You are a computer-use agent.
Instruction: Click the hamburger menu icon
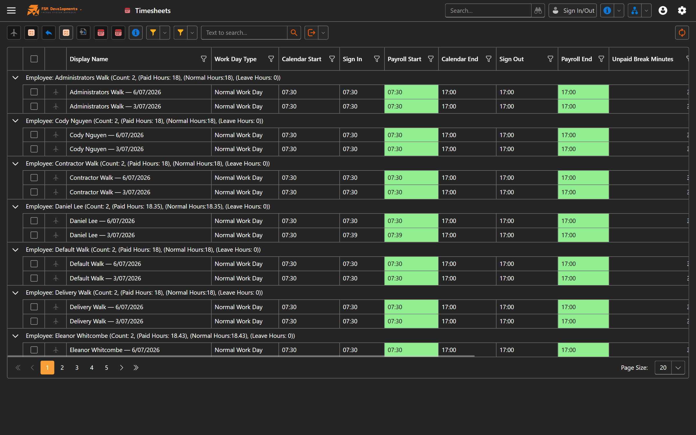pyautogui.click(x=11, y=11)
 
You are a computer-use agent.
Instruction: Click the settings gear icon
pyautogui.click(x=682, y=11)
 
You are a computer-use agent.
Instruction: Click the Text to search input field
pyautogui.click(x=244, y=33)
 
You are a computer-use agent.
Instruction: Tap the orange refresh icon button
pyautogui.click(x=682, y=33)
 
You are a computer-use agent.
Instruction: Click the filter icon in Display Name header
pyautogui.click(x=204, y=59)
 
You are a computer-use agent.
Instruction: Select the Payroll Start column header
pyautogui.click(x=404, y=59)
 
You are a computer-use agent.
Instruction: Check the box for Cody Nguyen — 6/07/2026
pyautogui.click(x=34, y=135)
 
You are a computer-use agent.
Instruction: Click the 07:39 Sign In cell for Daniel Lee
pyautogui.click(x=350, y=235)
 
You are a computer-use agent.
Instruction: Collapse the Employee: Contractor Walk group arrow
pyautogui.click(x=15, y=164)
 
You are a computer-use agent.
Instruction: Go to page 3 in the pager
pyautogui.click(x=77, y=368)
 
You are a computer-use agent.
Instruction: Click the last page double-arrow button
pyautogui.click(x=136, y=368)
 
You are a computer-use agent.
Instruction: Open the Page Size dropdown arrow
pyautogui.click(x=678, y=368)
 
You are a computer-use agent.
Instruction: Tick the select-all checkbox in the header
pyautogui.click(x=34, y=59)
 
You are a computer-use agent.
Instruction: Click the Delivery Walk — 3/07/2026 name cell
pyautogui.click(x=106, y=321)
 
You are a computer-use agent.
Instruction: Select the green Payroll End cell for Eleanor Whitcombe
pyautogui.click(x=583, y=350)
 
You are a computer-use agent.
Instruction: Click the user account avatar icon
pyautogui.click(x=663, y=11)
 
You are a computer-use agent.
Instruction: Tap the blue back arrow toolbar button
pyautogui.click(x=49, y=33)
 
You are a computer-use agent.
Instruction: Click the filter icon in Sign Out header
pyautogui.click(x=550, y=59)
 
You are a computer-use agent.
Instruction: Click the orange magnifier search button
pyautogui.click(x=294, y=33)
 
